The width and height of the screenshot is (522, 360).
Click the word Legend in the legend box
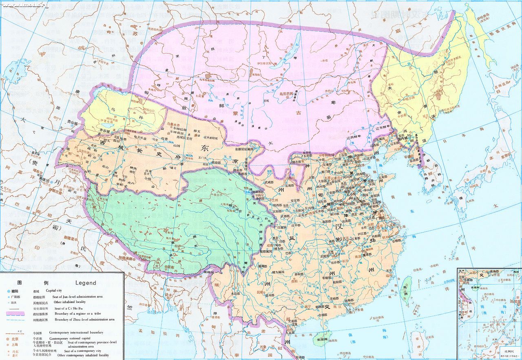point(86,282)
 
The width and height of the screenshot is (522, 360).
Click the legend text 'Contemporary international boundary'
point(76,333)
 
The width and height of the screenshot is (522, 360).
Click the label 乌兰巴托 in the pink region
point(287,94)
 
